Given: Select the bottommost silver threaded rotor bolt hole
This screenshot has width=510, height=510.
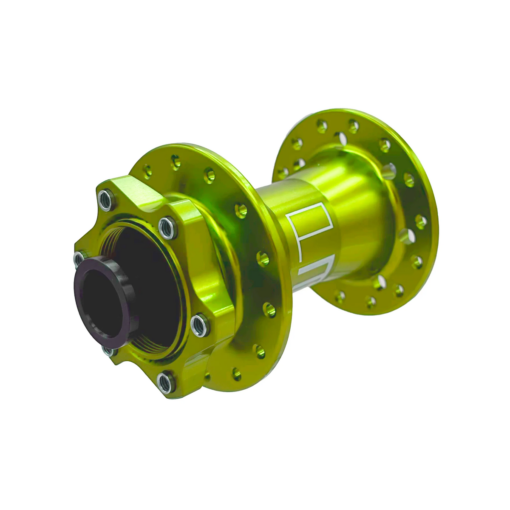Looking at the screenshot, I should coord(166,382).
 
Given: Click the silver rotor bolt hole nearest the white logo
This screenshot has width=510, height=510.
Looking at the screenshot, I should coord(168,228).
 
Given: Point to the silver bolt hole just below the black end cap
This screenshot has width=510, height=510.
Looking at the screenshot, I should coord(108,351).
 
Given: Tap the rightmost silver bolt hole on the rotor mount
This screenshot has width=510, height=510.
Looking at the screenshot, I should coord(199,325).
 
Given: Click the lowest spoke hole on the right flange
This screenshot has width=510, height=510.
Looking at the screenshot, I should coord(371,302).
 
